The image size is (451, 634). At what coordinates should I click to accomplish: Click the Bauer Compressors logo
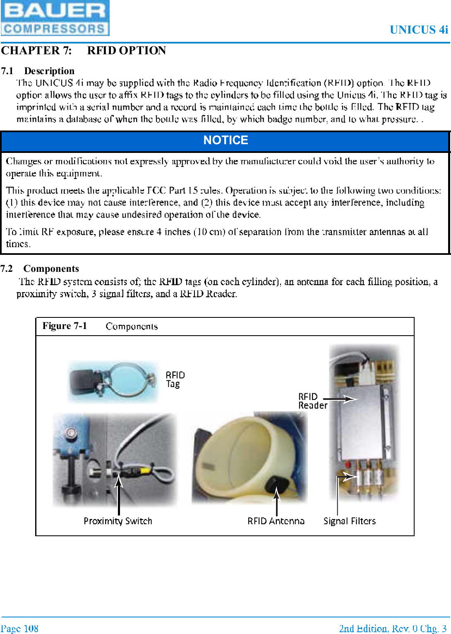[x=55, y=18]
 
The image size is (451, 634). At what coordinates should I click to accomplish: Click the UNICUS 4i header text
[x=418, y=30]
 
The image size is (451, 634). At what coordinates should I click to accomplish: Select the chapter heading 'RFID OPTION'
[x=126, y=51]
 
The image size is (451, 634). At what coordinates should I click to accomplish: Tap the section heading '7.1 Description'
[x=38, y=71]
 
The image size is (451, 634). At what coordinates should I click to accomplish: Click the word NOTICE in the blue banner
[x=225, y=140]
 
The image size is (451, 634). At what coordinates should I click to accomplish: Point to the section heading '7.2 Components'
[x=40, y=269]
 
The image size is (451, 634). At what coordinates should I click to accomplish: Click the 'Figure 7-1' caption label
[x=65, y=326]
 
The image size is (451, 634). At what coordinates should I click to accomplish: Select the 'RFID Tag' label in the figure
[x=175, y=379]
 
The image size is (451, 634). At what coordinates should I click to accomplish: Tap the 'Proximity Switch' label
[x=118, y=521]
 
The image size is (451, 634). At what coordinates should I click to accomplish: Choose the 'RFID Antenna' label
[x=276, y=521]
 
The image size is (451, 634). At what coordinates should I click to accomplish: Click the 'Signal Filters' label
[x=350, y=521]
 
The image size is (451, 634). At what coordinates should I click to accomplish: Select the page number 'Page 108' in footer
[x=19, y=629]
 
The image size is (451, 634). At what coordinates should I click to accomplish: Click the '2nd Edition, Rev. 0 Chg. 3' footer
[x=392, y=629]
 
